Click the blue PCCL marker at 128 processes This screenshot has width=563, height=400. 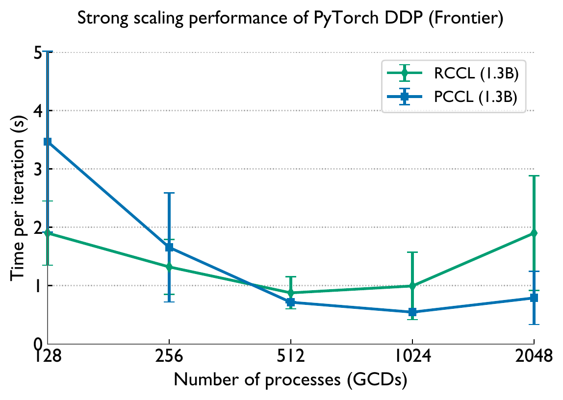48,142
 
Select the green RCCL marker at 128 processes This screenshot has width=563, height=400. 48,233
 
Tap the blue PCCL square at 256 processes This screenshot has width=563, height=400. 169,248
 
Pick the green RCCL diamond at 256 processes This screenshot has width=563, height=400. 169,267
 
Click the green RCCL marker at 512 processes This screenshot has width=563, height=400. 291,293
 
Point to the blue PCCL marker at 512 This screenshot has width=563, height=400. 291,302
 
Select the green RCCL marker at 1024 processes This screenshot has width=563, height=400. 412,286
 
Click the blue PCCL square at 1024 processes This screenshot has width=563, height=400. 412,312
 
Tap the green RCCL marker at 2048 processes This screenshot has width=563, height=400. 534,233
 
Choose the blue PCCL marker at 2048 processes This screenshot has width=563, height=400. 534,298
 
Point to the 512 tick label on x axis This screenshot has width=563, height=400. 291,356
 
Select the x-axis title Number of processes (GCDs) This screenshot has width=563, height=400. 290,380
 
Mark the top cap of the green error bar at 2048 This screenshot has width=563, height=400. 534,175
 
